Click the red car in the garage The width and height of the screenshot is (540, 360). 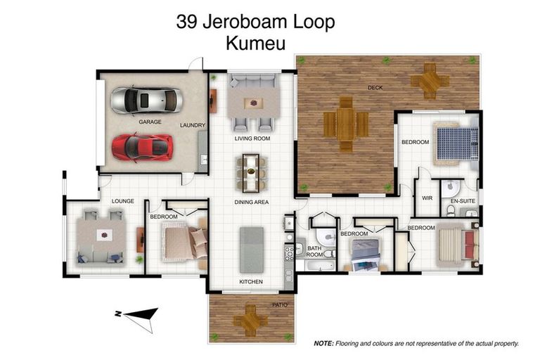tap(143, 146)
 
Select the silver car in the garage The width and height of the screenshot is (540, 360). tap(146, 101)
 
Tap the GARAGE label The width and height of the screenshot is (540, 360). tap(150, 122)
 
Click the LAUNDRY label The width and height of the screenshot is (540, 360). tap(192, 126)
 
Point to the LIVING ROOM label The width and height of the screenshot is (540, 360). tap(252, 139)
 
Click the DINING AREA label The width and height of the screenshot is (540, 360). tap(252, 202)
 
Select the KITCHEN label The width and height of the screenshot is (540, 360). tap(251, 282)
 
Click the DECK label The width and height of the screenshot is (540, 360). tap(375, 88)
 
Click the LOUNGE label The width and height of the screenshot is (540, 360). tap(122, 201)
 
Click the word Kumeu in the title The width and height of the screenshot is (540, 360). tap(256, 44)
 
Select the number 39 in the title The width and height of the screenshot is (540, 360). tap(188, 22)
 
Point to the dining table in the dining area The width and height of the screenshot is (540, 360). tap(251, 173)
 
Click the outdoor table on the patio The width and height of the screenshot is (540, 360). tap(250, 321)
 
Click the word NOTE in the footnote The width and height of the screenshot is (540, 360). tap(324, 344)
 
